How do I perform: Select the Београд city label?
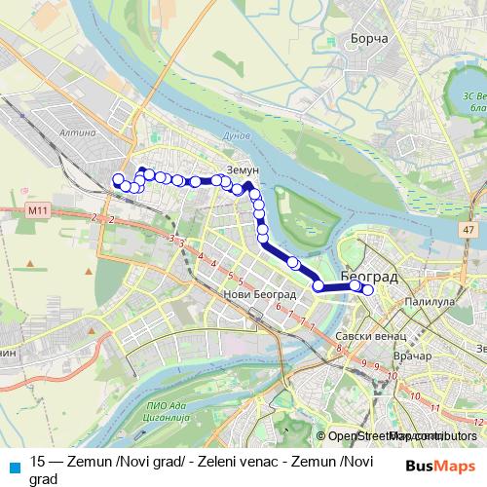pyautogui.click(x=369, y=278)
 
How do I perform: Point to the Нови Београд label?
pyautogui.click(x=253, y=294)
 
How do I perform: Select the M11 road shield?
pyautogui.click(x=38, y=210)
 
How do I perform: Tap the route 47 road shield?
pyautogui.click(x=468, y=231)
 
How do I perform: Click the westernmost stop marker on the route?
pyautogui.click(x=119, y=179)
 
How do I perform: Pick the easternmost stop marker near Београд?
pyautogui.click(x=368, y=288)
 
